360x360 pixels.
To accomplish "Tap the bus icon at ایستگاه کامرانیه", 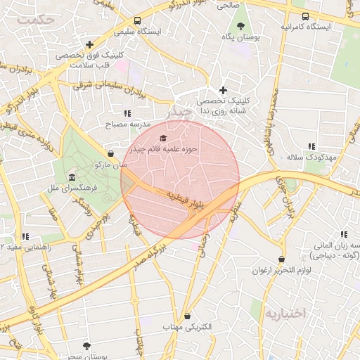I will coord(304,15).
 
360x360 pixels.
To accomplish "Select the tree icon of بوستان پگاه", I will coord(241,26).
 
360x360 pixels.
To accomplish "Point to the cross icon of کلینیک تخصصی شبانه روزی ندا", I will coord(224,90).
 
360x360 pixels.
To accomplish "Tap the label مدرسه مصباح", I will coord(129,124).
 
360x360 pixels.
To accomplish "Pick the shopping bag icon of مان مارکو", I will coord(110,153).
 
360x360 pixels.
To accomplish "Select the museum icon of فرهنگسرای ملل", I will coord(72,177).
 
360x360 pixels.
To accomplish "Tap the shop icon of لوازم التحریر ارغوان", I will coord(282,259).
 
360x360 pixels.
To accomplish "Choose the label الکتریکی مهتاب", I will coord(186,328).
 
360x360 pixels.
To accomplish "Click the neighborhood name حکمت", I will coord(36,20).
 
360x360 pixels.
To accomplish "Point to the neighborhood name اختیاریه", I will coord(285,313).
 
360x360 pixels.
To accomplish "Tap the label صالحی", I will coord(229,5).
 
